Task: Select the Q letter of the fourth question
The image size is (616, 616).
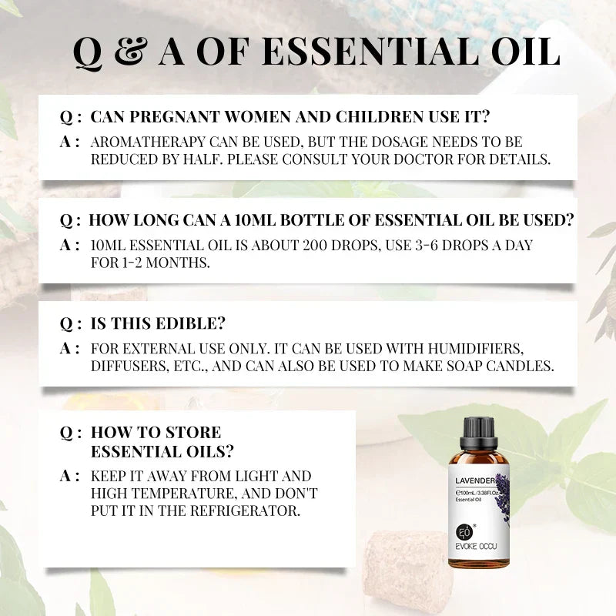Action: tap(66, 433)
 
